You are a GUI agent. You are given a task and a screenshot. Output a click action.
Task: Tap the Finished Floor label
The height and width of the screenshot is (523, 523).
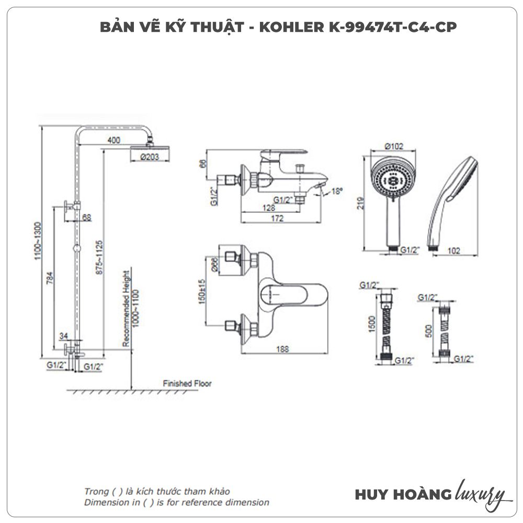(187, 383)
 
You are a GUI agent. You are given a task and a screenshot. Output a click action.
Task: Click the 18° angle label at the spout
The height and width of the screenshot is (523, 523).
(337, 192)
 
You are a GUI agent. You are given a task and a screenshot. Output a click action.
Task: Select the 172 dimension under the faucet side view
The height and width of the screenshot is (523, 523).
(278, 219)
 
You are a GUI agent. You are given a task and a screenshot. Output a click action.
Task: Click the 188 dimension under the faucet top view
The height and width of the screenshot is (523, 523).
(282, 349)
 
